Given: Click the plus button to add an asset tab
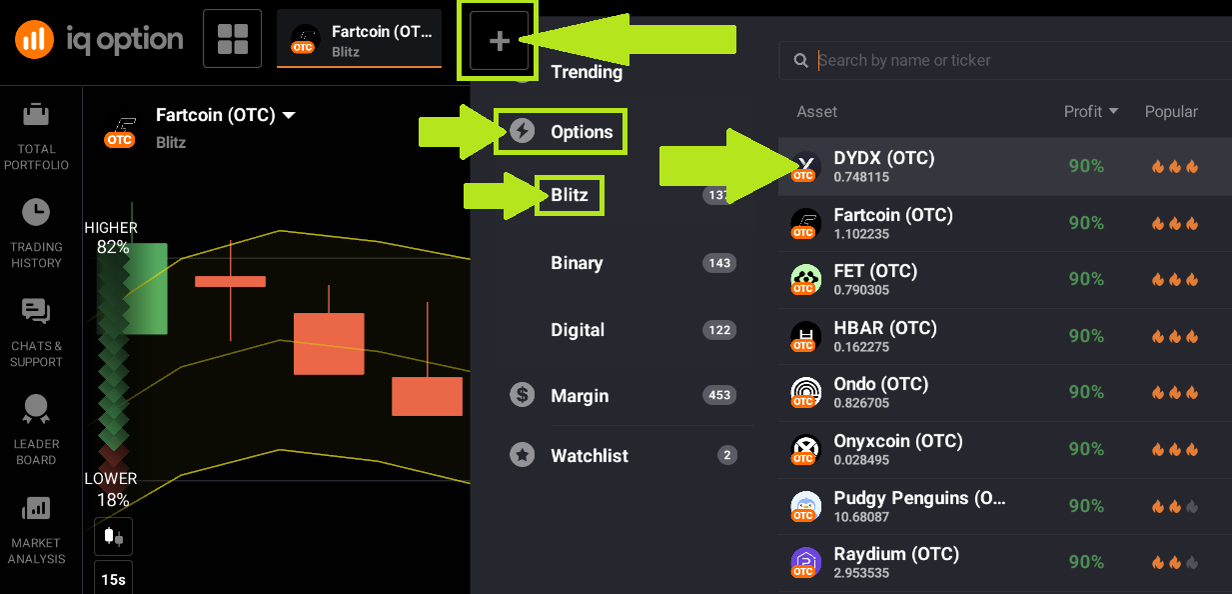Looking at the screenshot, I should pos(500,41).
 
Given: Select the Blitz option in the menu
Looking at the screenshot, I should pos(570,195).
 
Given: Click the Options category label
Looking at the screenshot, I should pos(582,132).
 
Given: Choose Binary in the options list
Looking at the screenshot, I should pos(577,263).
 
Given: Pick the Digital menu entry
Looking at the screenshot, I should pos(578,330).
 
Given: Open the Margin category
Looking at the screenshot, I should pos(580,396).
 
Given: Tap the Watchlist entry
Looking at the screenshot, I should pos(590,456).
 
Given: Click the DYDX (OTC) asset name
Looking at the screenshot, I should pos(883,158).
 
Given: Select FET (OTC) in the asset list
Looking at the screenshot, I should pos(874,271).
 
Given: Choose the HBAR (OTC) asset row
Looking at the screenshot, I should pos(884,328).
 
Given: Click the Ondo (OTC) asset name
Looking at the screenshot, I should pos(880,384).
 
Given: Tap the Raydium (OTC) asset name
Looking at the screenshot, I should pos(895,554).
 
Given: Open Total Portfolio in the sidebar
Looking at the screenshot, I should pos(36,134).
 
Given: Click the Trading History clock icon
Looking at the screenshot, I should pos(36,212).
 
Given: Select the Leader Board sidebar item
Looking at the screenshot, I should pos(36,430).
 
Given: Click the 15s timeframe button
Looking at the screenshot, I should pos(113,580).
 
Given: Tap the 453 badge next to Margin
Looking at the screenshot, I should pos(719,396).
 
